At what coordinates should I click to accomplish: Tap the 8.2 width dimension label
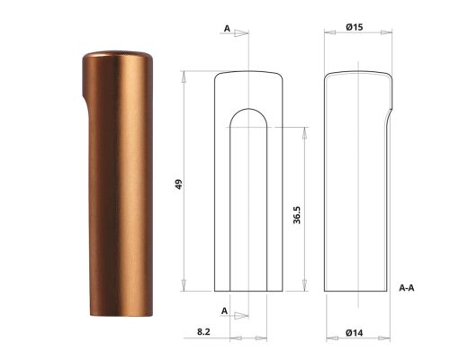pos(203,333)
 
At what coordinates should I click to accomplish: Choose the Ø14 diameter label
pos(354,333)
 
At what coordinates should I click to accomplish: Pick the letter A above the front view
pos(225,29)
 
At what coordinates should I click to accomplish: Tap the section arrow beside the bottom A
pos(239,314)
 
